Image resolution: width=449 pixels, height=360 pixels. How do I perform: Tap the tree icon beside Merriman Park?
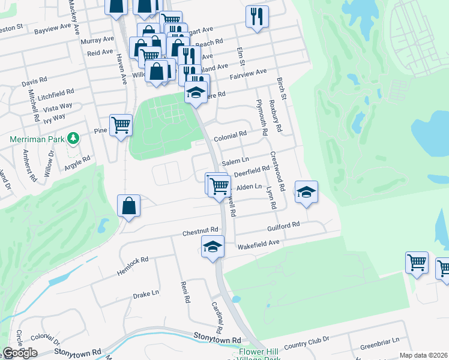point(73,139)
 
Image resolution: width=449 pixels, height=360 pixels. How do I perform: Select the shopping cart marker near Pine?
point(121,125)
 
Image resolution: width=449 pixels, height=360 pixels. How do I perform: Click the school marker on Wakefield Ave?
point(212,247)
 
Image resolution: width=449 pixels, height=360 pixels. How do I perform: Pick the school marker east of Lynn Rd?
point(306,192)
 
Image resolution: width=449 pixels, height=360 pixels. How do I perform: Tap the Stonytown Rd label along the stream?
point(217,340)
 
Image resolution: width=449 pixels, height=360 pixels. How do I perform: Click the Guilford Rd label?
point(283,225)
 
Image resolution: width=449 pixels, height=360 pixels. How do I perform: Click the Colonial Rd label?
point(231,135)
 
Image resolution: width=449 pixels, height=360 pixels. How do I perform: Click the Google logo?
point(20,353)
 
